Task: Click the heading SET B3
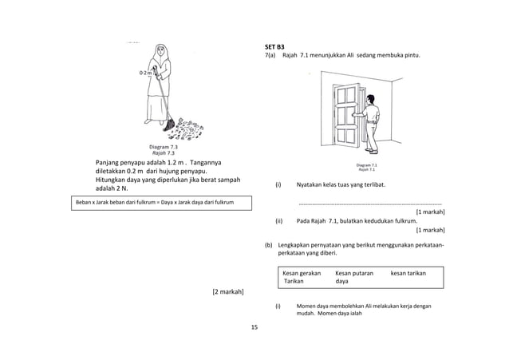point(275,46)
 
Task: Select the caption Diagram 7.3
point(163,147)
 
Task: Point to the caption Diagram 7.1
point(367,165)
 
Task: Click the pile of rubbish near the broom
point(191,125)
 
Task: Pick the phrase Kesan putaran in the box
point(354,273)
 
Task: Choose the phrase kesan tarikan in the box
point(408,273)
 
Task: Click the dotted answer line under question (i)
point(370,204)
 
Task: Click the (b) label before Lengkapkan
point(269,244)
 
